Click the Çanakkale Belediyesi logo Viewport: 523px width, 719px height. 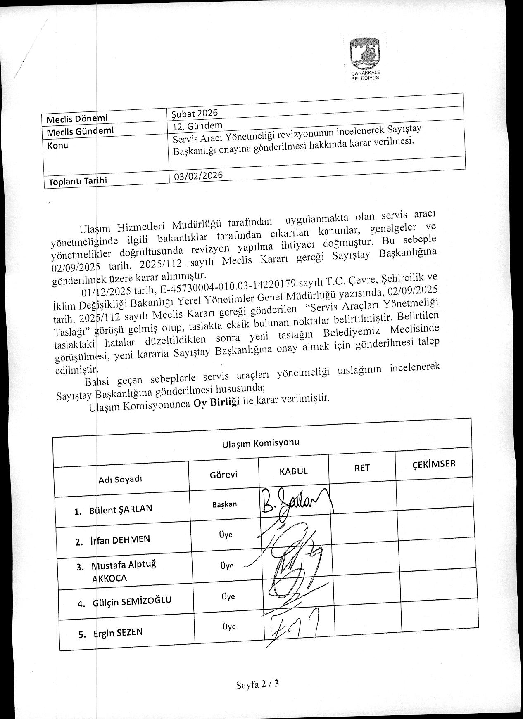click(365, 58)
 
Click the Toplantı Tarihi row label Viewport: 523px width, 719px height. click(78, 181)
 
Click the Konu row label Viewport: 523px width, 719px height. click(58, 146)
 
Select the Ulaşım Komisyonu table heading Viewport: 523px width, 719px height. click(260, 443)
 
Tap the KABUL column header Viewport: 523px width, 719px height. click(294, 471)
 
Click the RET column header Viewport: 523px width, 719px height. click(362, 468)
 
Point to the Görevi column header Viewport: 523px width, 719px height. click(223, 475)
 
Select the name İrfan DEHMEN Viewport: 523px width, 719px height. click(119, 540)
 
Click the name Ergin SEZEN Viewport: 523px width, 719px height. click(118, 633)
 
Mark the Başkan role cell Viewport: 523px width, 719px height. click(224, 505)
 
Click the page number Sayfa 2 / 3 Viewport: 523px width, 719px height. click(258, 684)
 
